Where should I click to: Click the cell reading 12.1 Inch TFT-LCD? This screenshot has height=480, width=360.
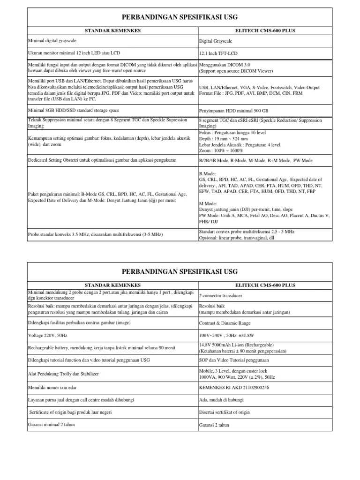[222, 54]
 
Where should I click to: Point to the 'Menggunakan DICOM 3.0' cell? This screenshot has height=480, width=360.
[225, 64]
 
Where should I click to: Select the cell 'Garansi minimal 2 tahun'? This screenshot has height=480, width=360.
[52, 424]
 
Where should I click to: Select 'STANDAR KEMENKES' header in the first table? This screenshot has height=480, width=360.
[112, 30]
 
